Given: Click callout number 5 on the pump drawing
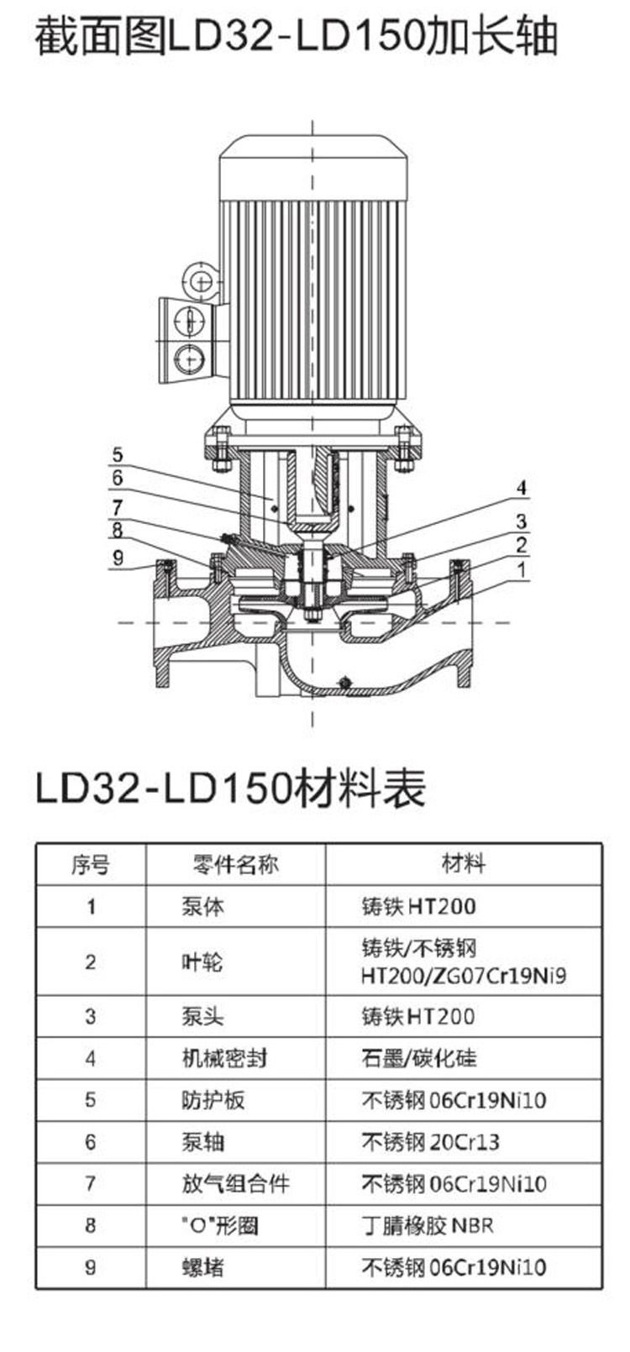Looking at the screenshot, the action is point(118,454).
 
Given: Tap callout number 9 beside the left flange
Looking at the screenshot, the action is point(118,557).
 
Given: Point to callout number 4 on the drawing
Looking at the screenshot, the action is point(521,488).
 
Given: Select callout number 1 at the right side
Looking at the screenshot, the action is point(521,569).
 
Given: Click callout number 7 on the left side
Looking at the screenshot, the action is point(118,507).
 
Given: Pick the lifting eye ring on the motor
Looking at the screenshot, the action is point(200,280).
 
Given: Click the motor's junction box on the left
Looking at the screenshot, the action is point(187,340).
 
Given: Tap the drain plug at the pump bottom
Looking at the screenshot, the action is point(345,682).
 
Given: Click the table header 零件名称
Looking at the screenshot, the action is point(235,864).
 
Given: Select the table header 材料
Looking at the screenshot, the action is point(464,864).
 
